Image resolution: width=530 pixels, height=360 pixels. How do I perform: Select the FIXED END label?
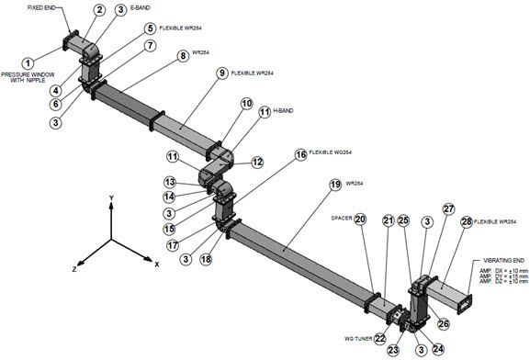coord(46,6)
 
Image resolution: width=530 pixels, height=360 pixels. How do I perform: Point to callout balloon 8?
coord(183,55)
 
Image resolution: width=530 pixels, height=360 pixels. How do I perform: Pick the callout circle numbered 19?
coord(334,184)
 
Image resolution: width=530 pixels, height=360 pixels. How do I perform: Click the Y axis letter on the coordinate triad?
coord(109,198)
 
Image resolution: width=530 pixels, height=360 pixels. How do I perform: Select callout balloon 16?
coord(300,156)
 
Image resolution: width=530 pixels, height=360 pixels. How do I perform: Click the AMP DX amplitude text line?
coord(497,273)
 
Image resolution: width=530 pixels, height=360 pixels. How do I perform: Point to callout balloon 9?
coord(221,72)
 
